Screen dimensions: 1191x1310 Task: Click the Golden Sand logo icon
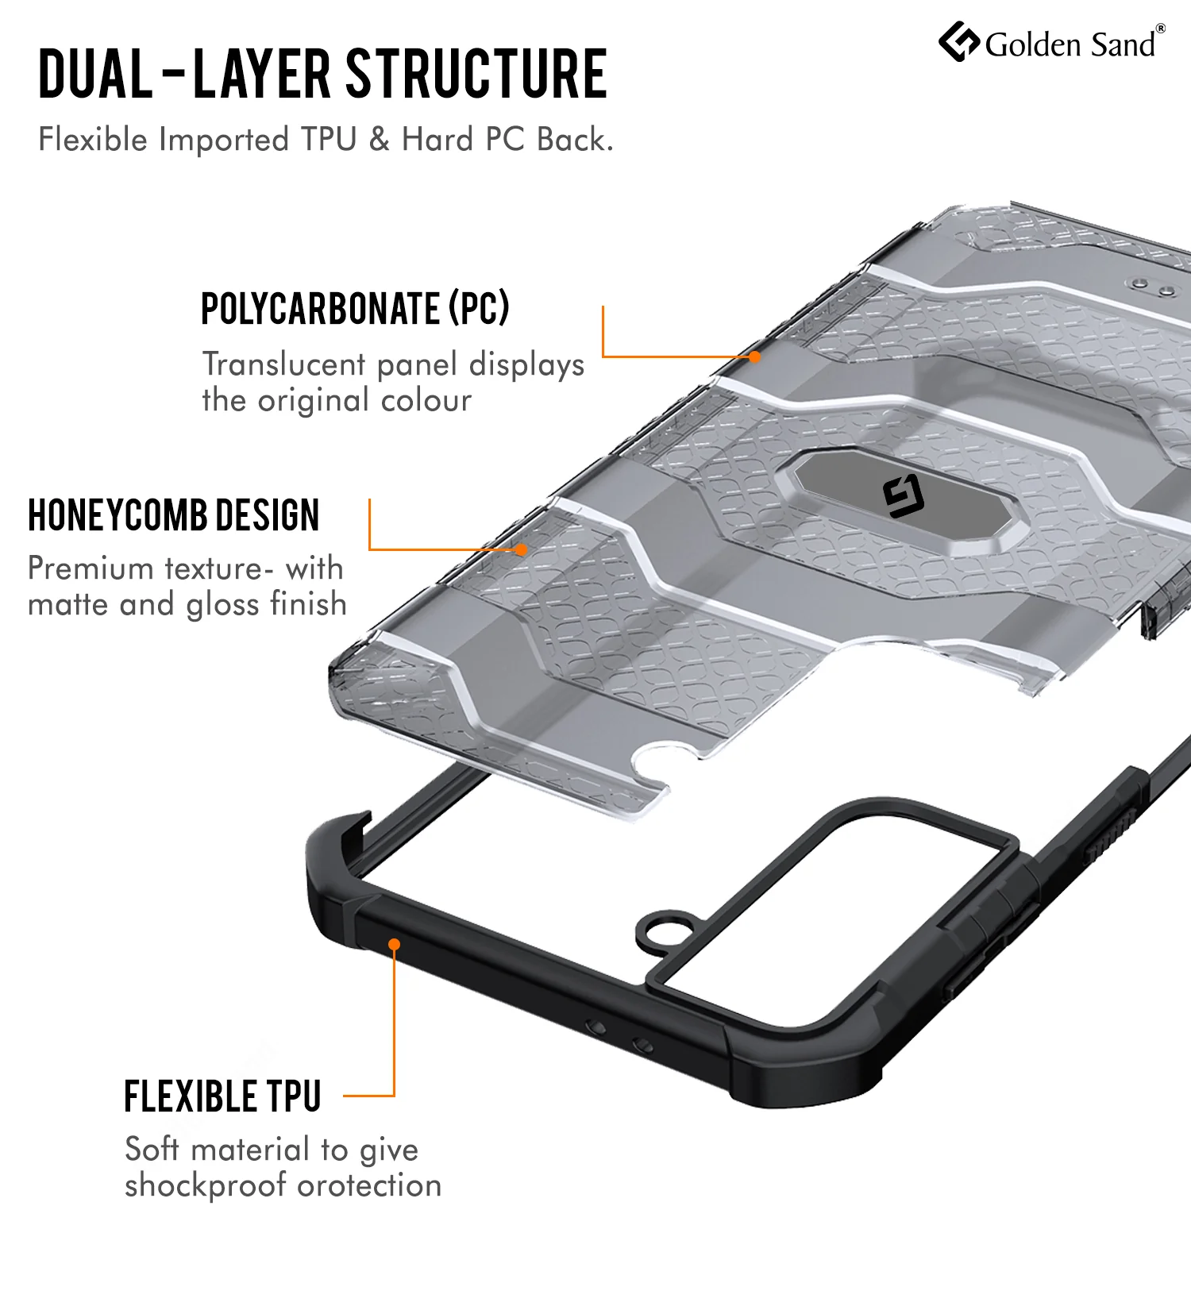click(x=959, y=41)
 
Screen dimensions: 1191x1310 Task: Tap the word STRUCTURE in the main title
click(x=477, y=74)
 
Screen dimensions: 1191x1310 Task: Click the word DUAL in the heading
click(x=95, y=74)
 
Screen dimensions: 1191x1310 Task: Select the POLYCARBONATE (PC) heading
click(x=355, y=308)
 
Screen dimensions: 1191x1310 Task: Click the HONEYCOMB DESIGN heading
click(x=173, y=515)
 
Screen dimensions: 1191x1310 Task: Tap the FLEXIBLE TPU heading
click(x=222, y=1096)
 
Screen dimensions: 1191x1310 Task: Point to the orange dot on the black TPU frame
click(x=394, y=944)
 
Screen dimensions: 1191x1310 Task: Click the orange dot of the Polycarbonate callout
click(x=754, y=357)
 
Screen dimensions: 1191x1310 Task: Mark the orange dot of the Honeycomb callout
click(x=521, y=549)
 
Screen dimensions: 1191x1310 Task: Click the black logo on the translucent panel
click(x=904, y=496)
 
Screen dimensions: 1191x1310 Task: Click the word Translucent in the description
click(x=283, y=364)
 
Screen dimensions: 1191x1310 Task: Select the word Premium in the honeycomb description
click(x=91, y=568)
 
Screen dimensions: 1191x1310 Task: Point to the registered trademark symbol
click(x=1160, y=29)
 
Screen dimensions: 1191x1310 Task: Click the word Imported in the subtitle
click(x=224, y=141)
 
